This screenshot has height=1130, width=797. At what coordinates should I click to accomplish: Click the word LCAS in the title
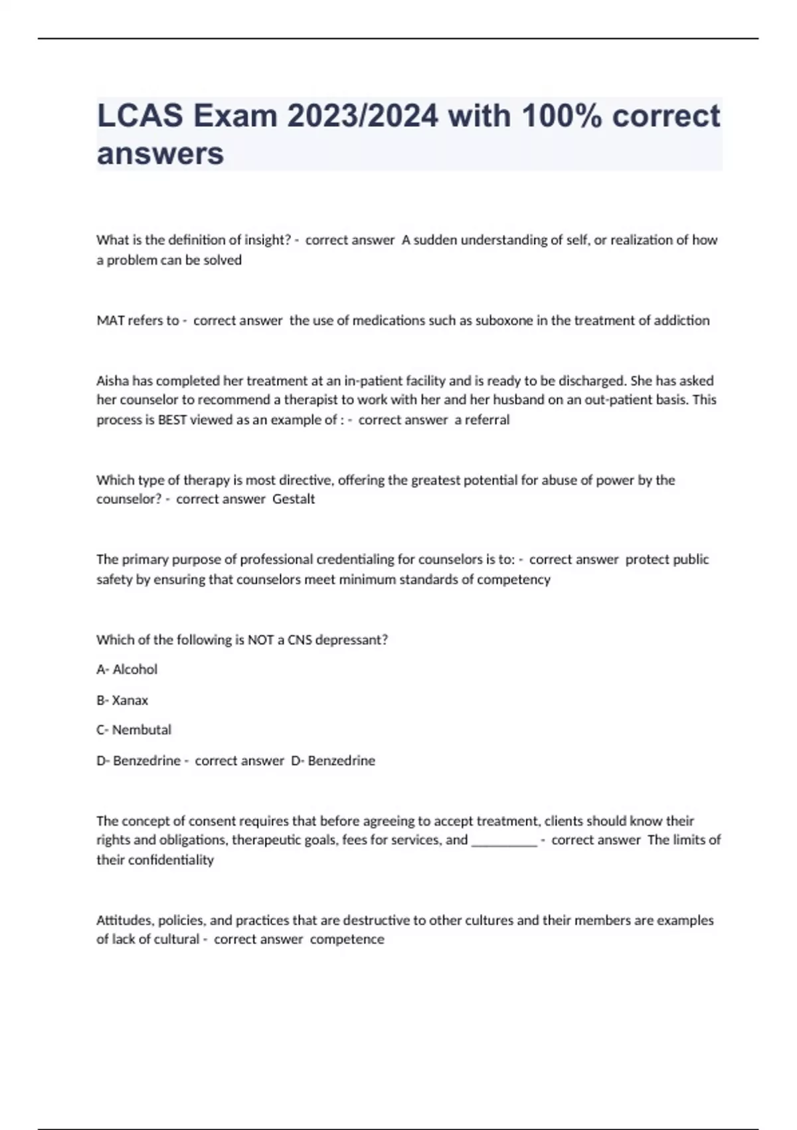click(x=139, y=116)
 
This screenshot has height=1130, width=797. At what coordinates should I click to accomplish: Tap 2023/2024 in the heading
click(x=363, y=116)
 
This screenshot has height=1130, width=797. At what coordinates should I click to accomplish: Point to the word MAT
click(x=110, y=320)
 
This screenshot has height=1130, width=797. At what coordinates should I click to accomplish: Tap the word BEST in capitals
click(x=172, y=420)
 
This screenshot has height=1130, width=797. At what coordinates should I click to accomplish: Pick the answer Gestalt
click(x=294, y=499)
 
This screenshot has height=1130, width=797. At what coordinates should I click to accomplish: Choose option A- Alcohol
click(x=127, y=669)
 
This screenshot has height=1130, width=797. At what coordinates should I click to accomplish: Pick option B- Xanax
click(x=122, y=700)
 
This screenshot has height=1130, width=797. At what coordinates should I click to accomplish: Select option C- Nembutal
click(x=133, y=730)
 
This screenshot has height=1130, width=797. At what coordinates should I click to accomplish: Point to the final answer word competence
click(x=347, y=939)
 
